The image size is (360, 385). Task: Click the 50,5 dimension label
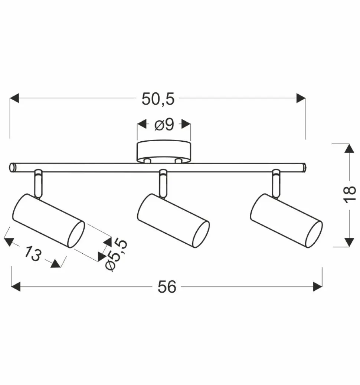pyautogui.click(x=158, y=99)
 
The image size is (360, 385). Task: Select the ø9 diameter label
pyautogui.click(x=164, y=125)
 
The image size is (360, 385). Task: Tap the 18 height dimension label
pyautogui.click(x=349, y=194)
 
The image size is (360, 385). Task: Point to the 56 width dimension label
pyautogui.click(x=167, y=287)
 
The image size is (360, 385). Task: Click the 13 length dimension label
pyautogui.click(x=32, y=254)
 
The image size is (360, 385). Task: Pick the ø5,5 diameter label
pyautogui.click(x=116, y=255)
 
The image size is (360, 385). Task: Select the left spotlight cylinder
pyautogui.click(x=48, y=220)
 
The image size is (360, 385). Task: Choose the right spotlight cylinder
pyautogui.click(x=286, y=220)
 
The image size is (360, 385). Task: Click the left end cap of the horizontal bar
pyautogui.click(x=13, y=168)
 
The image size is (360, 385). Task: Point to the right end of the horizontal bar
pyautogui.click(x=303, y=168)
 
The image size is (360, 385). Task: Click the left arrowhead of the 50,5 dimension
pyautogui.click(x=14, y=98)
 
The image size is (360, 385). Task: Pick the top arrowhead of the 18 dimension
pyautogui.click(x=349, y=148)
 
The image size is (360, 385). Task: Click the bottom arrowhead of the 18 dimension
pyautogui.click(x=349, y=242)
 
